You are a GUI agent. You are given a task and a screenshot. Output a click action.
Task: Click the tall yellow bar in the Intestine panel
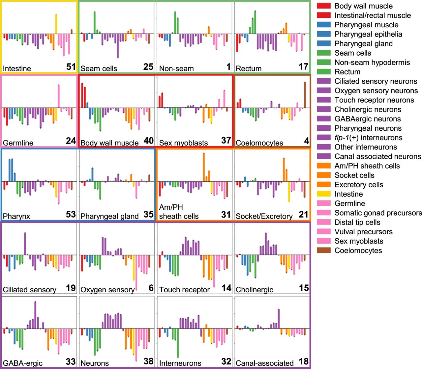(x=56, y=24)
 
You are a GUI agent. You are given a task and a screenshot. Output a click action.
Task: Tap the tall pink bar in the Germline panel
(x=59, y=96)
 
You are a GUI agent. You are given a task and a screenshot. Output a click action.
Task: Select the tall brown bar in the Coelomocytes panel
(x=305, y=95)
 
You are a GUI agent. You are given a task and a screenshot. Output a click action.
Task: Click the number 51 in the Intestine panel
(x=71, y=67)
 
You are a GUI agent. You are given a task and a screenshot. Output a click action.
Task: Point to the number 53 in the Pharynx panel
(x=71, y=214)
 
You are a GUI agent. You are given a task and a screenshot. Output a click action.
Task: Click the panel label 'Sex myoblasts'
(x=183, y=143)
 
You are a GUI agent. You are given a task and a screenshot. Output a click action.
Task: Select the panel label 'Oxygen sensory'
(x=107, y=290)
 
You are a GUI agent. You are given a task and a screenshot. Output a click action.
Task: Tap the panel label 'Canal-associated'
(x=265, y=363)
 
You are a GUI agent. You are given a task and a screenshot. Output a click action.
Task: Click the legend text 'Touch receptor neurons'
(x=374, y=100)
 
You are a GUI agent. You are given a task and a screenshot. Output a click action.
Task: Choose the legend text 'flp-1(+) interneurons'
(x=368, y=138)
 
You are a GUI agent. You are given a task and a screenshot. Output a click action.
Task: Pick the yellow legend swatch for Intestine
(x=324, y=194)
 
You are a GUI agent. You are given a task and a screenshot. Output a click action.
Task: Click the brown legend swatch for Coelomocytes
(x=324, y=250)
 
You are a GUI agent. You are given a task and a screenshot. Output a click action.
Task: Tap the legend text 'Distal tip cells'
(x=357, y=222)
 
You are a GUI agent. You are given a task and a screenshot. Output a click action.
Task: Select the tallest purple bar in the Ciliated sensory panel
(x=25, y=244)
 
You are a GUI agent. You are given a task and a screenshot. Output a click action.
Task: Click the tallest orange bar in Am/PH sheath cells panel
(x=204, y=167)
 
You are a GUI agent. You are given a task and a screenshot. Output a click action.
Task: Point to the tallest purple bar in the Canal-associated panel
(x=279, y=319)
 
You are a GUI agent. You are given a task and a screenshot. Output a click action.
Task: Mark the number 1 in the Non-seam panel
(x=228, y=67)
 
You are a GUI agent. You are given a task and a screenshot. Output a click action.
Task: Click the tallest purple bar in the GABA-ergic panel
(x=36, y=315)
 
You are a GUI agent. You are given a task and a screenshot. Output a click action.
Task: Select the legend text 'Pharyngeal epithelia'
(x=368, y=34)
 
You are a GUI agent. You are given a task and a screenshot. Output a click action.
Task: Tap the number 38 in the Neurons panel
(x=148, y=361)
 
